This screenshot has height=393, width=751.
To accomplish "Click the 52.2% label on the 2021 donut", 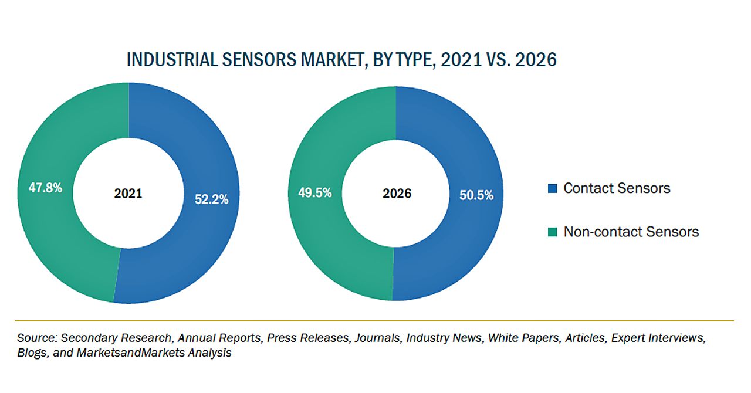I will point(211,199).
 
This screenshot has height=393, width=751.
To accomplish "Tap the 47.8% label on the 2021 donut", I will point(45,188).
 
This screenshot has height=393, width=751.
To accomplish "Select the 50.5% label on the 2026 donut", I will point(476,195).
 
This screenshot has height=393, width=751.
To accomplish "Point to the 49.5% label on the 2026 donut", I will point(314,193).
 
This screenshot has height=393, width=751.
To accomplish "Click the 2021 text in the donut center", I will point(128,194).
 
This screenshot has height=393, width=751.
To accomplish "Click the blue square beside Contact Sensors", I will point(552,188).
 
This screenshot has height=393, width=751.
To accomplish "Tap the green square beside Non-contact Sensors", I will point(552,232).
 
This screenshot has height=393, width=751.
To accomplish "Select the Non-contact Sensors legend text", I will point(631,232).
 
